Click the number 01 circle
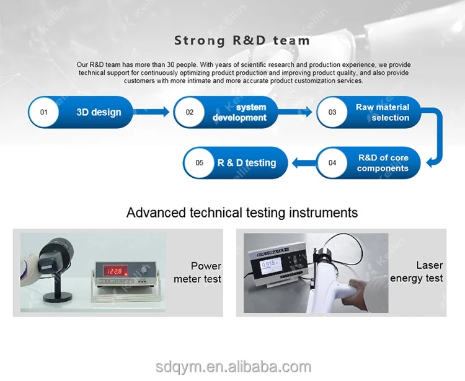point(43,112)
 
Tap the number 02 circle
point(190,112)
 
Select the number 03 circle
point(332,112)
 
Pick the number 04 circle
point(332,163)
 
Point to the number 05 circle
point(199,163)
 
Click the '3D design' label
point(99,112)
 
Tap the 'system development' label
point(239,113)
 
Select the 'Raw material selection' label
point(383,112)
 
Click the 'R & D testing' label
point(247,163)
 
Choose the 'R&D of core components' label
point(383,163)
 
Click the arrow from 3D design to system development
point(151,112)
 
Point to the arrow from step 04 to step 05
point(304,163)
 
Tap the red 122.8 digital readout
point(115,271)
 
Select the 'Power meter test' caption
point(198,272)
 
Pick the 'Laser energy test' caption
point(417,272)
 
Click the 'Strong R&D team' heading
point(242,40)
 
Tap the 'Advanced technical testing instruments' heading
point(242,212)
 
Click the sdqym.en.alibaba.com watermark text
point(233,367)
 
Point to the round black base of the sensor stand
point(58,297)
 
